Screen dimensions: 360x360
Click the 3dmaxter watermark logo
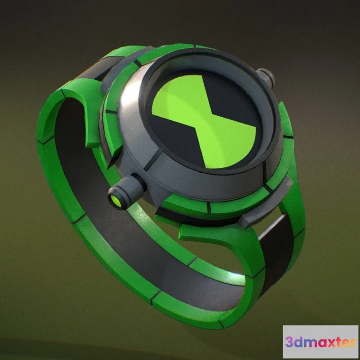click(x=320, y=342)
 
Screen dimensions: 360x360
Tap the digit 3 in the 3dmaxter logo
click(x=291, y=342)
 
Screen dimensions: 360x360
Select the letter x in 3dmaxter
click(x=328, y=342)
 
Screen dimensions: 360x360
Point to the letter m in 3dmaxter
click(x=310, y=342)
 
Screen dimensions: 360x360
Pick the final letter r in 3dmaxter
click(x=352, y=342)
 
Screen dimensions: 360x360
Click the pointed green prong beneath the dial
click(x=195, y=231)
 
